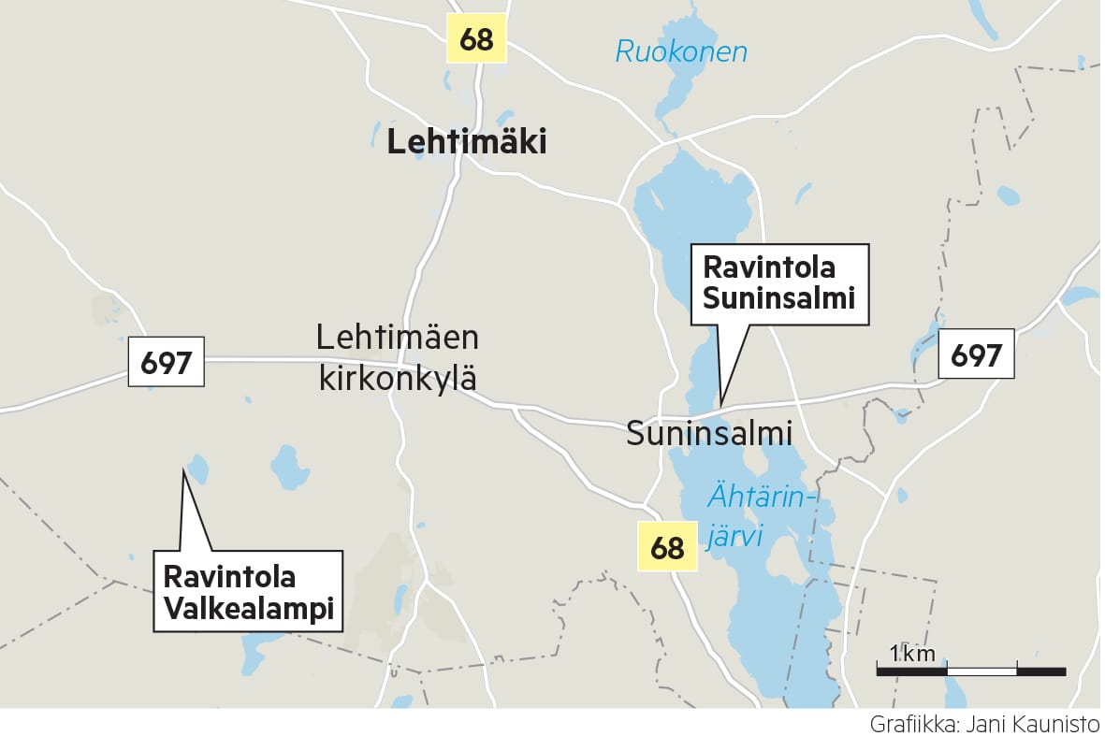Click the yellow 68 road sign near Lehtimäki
click(x=475, y=38)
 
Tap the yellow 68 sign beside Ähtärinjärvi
click(x=667, y=546)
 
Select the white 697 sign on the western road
click(x=166, y=362)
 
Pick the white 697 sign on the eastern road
click(x=976, y=354)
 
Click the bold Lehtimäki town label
click(x=466, y=142)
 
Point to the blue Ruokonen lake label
click(x=681, y=51)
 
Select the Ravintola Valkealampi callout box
click(x=248, y=591)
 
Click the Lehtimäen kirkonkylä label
click(x=398, y=357)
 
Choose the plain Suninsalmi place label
click(x=709, y=434)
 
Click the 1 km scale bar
click(x=970, y=670)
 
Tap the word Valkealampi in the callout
click(x=248, y=608)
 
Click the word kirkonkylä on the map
click(x=398, y=379)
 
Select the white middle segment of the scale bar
click(x=981, y=671)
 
